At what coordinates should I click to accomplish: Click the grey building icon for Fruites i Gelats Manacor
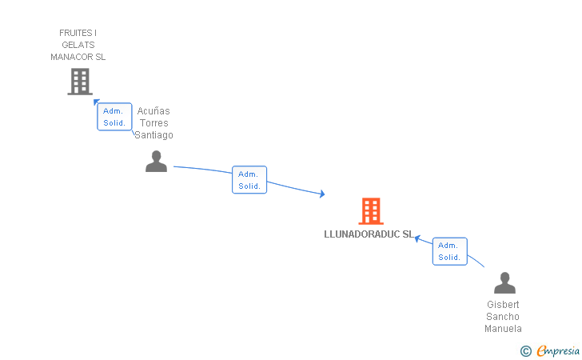pos(80,82)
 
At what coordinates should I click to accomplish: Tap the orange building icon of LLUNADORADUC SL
pos(370,211)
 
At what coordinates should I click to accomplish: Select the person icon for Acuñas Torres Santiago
pos(156,162)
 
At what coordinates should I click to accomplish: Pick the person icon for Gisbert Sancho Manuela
pos(504,283)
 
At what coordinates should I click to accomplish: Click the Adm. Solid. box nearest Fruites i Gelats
pos(114,117)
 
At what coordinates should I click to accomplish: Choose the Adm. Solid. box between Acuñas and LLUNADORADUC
pos(249,180)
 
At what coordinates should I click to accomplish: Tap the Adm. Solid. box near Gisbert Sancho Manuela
pos(449,251)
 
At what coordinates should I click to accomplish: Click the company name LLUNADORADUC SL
pos(369,234)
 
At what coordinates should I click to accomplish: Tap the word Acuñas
pos(153,111)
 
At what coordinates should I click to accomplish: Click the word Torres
pos(153,123)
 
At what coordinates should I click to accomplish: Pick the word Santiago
pos(153,135)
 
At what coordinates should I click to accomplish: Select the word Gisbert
pos(504,305)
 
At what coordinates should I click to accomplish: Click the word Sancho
pos(504,317)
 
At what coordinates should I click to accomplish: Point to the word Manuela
pos(504,329)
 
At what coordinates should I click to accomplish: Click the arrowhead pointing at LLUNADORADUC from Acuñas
pos(321,194)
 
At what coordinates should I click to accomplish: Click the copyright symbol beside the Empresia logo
pos(525,350)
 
